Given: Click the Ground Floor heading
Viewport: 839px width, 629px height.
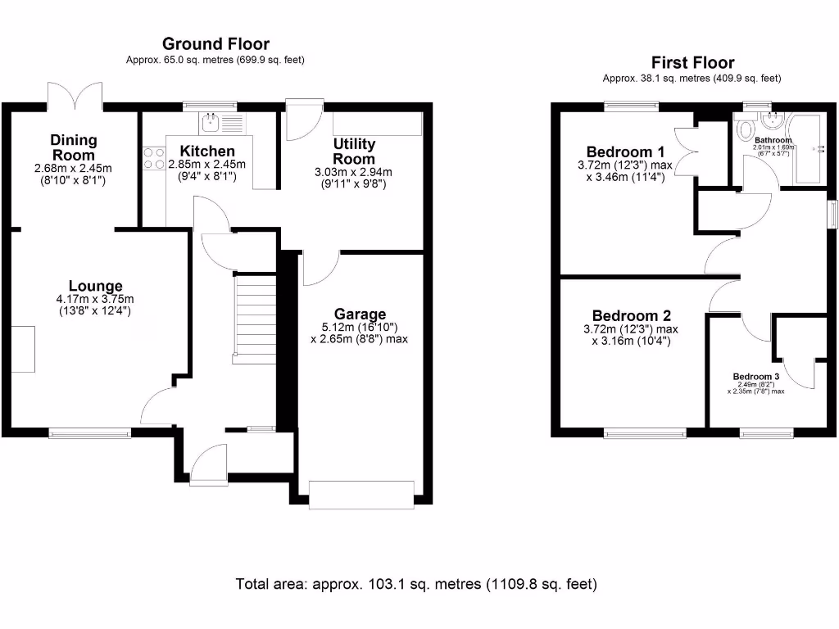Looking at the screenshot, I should point(215,44).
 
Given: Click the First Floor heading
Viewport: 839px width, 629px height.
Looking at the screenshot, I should point(692,62).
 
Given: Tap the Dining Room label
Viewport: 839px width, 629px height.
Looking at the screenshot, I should point(73,148).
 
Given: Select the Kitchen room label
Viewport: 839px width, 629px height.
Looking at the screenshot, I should point(207,152).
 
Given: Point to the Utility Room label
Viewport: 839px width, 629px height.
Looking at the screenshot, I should point(354,152).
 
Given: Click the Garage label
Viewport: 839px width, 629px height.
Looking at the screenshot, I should point(360,314).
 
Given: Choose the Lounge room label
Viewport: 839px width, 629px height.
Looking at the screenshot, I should point(95,286).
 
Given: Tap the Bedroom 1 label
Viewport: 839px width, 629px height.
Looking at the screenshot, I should point(625,152).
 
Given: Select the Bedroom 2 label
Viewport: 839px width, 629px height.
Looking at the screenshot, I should point(631,315).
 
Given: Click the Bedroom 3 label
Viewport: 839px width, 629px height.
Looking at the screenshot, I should point(755,377).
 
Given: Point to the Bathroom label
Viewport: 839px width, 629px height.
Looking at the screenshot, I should point(773,140).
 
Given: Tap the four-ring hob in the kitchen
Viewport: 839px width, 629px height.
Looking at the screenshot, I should point(153,157).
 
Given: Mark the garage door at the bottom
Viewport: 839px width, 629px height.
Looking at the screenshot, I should point(361,494).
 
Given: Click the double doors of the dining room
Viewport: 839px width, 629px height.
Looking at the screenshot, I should point(75,97).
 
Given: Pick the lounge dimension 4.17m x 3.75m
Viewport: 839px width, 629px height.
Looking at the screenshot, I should point(95,299).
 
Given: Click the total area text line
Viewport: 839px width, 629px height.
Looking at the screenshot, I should point(416,585).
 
